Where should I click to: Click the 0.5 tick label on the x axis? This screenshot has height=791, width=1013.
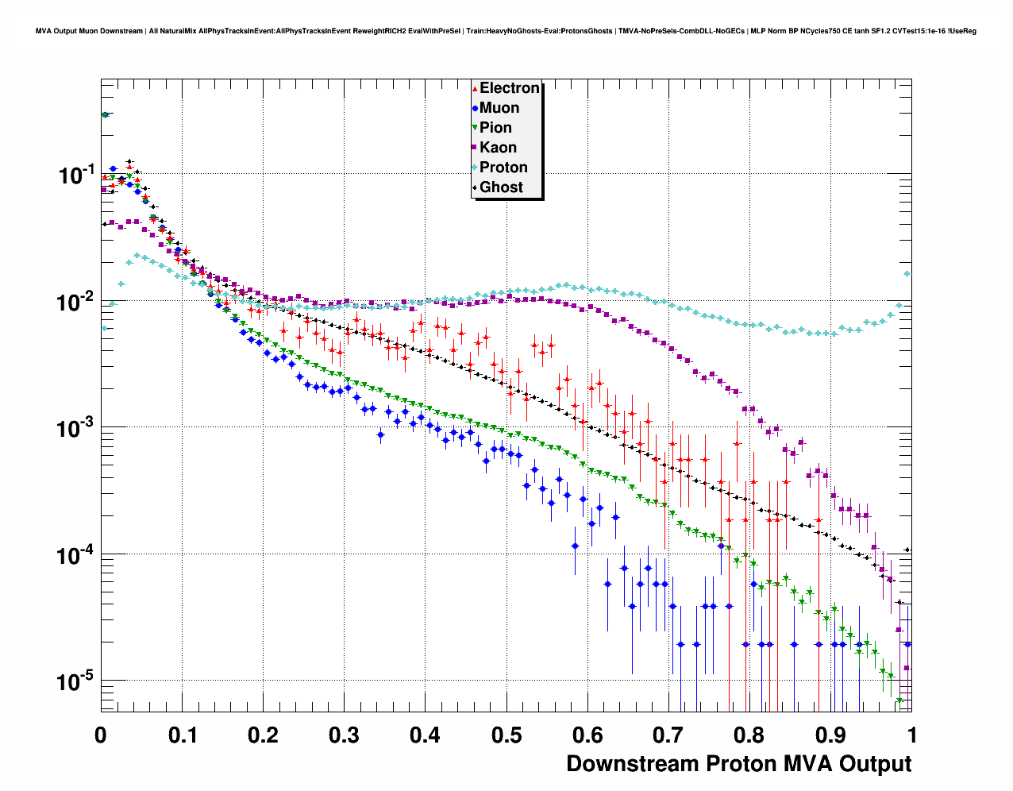[506, 735]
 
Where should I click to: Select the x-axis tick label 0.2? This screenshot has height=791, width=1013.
[263, 735]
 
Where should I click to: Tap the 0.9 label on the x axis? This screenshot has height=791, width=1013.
[830, 735]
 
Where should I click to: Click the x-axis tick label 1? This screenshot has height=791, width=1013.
[912, 735]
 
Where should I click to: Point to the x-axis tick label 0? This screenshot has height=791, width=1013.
[101, 735]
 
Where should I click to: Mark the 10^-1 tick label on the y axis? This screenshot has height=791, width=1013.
[77, 175]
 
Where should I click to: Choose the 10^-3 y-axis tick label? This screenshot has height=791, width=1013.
[77, 428]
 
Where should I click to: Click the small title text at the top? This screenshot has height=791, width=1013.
[506, 31]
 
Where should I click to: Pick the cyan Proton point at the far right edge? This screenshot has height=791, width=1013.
[907, 274]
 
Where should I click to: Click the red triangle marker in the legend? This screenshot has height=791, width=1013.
[475, 88]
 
